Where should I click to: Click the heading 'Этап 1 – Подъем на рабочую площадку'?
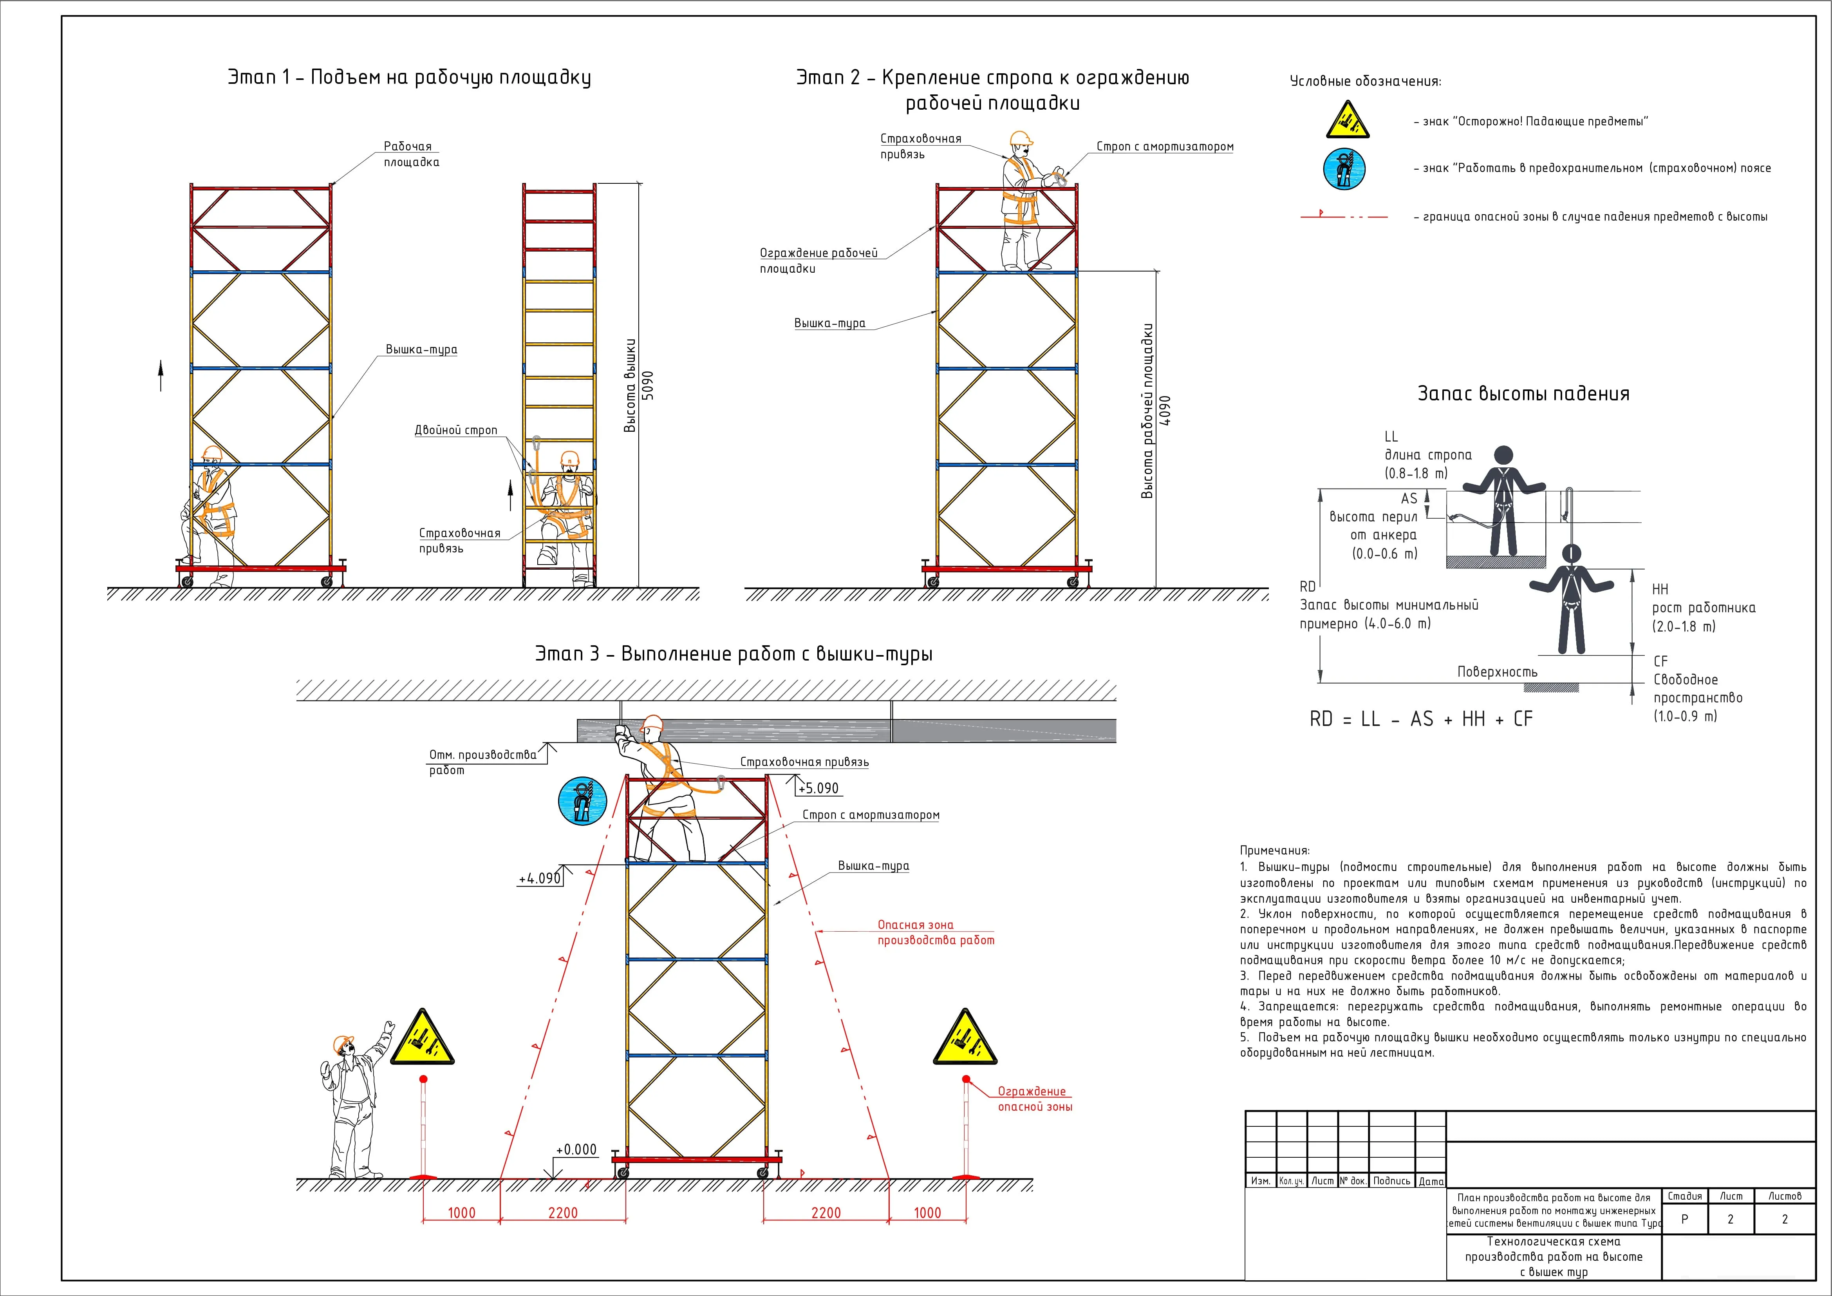click(x=409, y=78)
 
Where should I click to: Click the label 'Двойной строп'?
click(x=455, y=430)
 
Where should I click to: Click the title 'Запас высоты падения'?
click(x=1523, y=393)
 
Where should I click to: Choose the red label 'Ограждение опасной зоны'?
click(x=1034, y=1099)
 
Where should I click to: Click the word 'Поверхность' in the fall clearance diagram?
click(x=1497, y=672)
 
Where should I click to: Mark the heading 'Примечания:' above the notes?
click(x=1274, y=851)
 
